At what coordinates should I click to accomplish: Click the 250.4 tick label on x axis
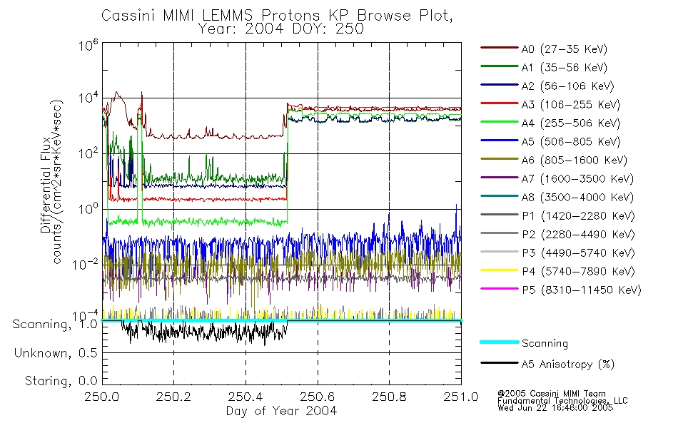[x=246, y=398]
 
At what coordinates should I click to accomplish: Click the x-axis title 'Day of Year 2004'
[x=281, y=411]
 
